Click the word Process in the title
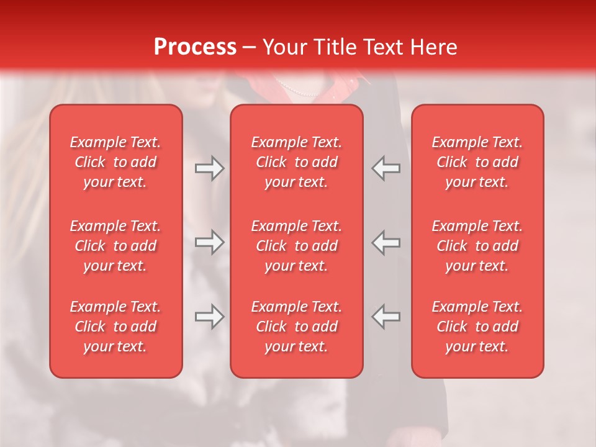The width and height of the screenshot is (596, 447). (x=195, y=47)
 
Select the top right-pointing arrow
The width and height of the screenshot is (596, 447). (x=209, y=168)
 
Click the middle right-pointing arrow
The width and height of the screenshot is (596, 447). (x=209, y=242)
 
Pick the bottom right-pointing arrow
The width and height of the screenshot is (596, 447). (x=209, y=317)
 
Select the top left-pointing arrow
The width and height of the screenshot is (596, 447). (x=386, y=168)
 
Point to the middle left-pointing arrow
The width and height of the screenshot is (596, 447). (x=386, y=242)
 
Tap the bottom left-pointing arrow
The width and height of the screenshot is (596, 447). (x=386, y=317)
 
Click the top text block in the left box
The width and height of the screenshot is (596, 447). (x=115, y=162)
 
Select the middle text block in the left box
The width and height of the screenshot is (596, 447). (x=115, y=246)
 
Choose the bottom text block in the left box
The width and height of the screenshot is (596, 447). (x=115, y=327)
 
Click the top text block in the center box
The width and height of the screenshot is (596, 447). (x=296, y=162)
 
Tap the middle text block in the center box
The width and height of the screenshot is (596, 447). (x=296, y=246)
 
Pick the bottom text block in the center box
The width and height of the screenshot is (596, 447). (x=296, y=327)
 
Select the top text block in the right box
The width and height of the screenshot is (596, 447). (x=477, y=162)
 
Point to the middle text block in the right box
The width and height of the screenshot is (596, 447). (x=477, y=246)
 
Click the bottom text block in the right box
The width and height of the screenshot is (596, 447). (x=477, y=327)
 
